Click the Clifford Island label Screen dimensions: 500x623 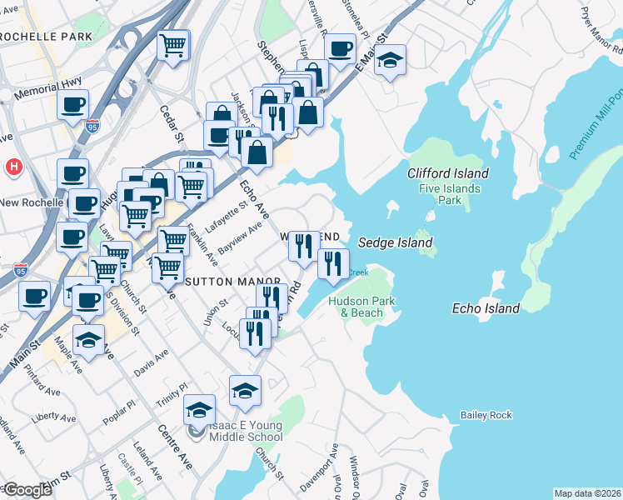tap(447, 173)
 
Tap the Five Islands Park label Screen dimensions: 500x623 tap(450, 194)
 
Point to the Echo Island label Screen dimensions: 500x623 tap(486, 308)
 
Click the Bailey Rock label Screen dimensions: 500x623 tap(486, 415)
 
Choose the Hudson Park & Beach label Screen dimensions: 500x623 tap(356, 307)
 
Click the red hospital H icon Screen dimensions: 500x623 tap(12, 167)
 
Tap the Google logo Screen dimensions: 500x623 tap(27, 490)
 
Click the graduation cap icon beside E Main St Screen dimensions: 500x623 tap(390, 61)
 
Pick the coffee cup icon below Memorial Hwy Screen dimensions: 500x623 tap(72, 105)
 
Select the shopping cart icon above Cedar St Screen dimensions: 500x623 tap(174, 45)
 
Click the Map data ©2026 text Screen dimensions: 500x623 tap(586, 493)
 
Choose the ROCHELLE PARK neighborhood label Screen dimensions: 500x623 tap(46, 37)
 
